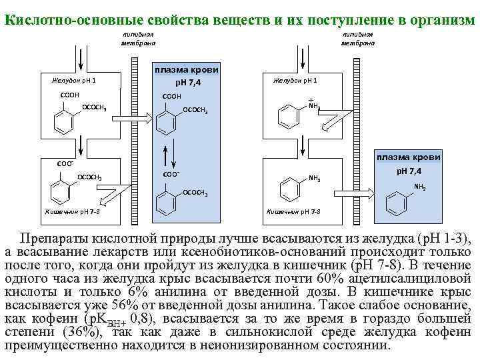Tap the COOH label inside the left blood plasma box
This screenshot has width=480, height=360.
click(172, 97)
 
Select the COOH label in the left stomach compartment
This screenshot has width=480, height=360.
click(70, 95)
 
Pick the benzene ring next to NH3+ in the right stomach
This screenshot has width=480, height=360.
click(289, 118)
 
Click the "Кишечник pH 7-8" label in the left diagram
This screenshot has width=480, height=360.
click(73, 211)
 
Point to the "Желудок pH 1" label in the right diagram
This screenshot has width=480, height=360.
click(293, 81)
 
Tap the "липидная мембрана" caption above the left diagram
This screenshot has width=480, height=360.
click(138, 39)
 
